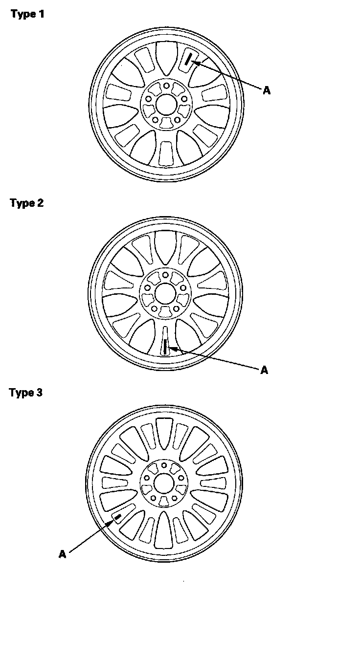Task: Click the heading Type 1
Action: click(27, 14)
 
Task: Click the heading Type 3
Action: click(26, 393)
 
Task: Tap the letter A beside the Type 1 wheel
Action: click(266, 90)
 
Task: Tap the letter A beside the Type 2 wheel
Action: click(264, 370)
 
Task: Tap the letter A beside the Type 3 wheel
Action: click(63, 554)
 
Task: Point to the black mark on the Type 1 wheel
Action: click(188, 60)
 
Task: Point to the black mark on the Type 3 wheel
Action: click(117, 517)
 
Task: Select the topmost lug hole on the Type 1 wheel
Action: click(166, 86)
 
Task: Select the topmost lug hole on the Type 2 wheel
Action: click(165, 275)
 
